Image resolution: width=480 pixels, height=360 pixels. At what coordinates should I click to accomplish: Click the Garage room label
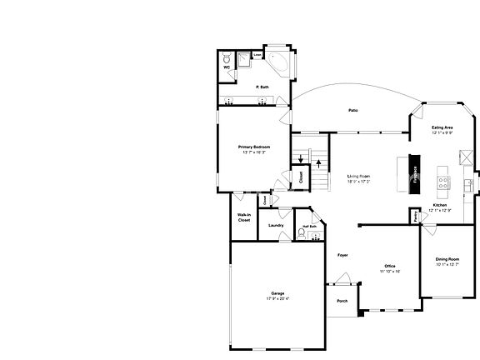[x=277, y=293]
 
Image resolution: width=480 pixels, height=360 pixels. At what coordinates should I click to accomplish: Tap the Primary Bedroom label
[x=254, y=147]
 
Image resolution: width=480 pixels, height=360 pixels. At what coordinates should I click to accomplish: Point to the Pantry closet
[x=414, y=216]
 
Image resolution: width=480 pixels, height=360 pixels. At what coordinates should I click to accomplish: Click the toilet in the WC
[x=226, y=61]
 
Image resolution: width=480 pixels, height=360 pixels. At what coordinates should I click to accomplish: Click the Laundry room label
[x=276, y=225]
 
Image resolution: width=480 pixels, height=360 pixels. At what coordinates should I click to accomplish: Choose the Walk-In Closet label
[x=244, y=217]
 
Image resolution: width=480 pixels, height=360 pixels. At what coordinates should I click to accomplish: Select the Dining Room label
[x=447, y=259]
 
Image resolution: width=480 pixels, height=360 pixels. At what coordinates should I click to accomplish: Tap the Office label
[x=390, y=265]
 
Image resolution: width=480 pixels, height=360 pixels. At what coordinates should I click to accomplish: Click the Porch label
[x=342, y=301]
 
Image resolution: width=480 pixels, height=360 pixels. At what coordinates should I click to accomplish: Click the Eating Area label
[x=442, y=127]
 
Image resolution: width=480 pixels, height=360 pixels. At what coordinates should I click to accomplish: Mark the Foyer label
[x=342, y=254]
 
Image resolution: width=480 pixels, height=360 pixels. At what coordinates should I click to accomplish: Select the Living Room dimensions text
[x=358, y=182]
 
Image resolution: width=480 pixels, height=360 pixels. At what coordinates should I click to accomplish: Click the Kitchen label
[x=440, y=205]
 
